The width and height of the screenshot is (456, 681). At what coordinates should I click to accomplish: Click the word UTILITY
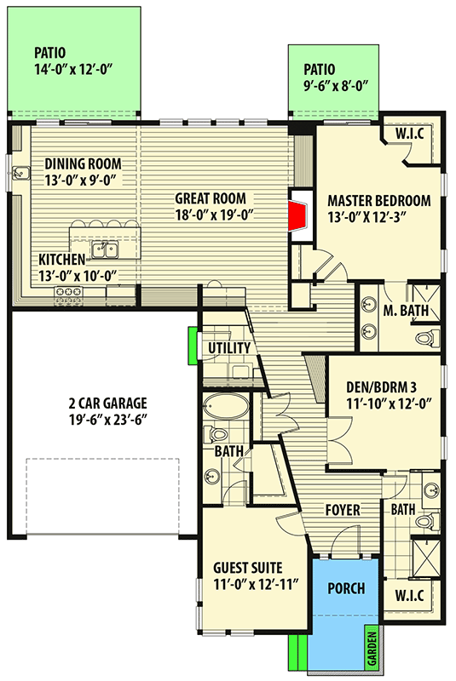[229, 348]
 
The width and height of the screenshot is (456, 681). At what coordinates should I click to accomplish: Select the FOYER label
[342, 511]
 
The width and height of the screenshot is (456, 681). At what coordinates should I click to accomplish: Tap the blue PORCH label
[345, 588]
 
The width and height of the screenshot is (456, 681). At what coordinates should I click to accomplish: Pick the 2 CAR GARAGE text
[95, 403]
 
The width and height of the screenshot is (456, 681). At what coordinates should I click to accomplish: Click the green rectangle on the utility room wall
[192, 346]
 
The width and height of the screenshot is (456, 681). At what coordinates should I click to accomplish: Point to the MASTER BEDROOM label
[378, 201]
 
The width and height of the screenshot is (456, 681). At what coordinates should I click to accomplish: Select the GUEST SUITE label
[251, 568]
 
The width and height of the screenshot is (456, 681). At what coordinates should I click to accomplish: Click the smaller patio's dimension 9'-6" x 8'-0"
[333, 86]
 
